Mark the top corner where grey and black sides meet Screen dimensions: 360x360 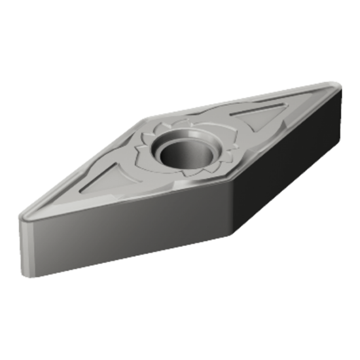(x=234, y=181)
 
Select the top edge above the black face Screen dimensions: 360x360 (x=288, y=134)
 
